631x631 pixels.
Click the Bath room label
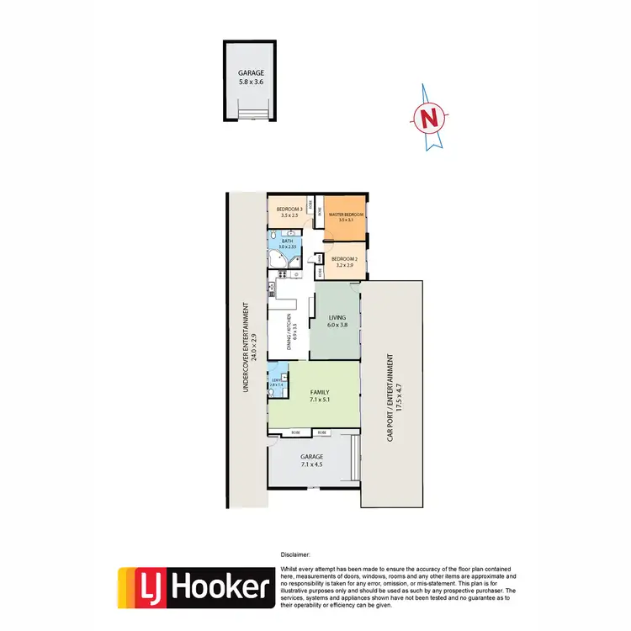pos(288,241)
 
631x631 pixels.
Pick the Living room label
pos(337,317)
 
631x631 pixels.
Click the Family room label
pos(319,393)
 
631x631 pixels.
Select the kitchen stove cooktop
pos(272,290)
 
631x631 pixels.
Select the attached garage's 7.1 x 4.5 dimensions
pos(311,464)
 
